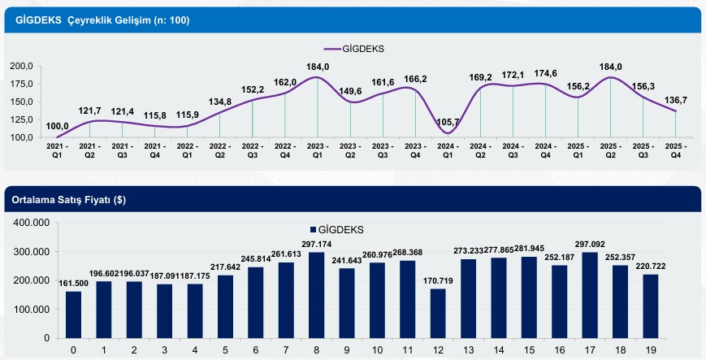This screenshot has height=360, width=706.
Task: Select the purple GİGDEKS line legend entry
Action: (x=353, y=48)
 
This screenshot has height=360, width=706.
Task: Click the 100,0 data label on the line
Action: (x=56, y=126)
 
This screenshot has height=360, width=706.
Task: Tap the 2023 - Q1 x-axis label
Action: (x=318, y=150)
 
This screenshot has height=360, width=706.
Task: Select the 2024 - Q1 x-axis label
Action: (x=448, y=150)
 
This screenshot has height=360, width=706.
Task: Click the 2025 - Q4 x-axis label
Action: (x=676, y=150)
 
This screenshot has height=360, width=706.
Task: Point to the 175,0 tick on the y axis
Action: (x=19, y=85)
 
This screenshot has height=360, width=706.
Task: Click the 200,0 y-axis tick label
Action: (x=19, y=66)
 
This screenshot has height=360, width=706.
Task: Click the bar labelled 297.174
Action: (x=317, y=295)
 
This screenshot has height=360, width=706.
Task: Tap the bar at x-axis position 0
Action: (x=74, y=314)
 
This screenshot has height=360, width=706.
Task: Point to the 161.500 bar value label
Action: (x=74, y=284)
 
